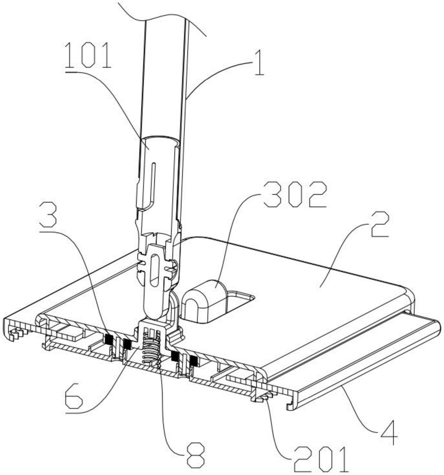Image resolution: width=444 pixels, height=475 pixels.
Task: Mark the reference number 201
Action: click(x=321, y=458)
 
